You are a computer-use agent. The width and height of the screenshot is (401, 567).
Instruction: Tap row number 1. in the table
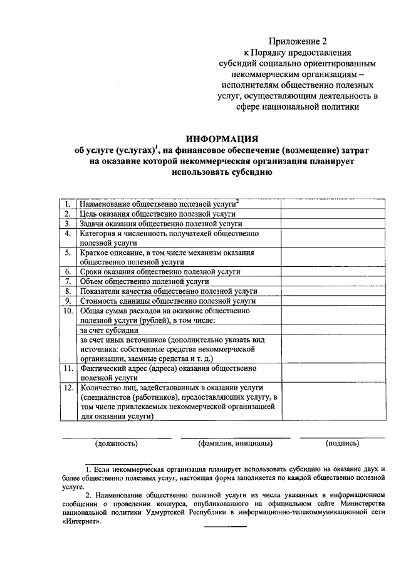coord(66,204)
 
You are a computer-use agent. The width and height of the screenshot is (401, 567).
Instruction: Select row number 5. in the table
coord(66,252)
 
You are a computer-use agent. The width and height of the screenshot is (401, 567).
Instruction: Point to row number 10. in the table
coord(67,311)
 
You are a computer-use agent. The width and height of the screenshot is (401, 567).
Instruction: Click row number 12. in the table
coord(67,388)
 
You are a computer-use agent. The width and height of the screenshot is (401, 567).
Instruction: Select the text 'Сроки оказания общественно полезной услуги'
coord(160,272)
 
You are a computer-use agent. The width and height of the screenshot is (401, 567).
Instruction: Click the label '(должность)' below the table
coord(116,444)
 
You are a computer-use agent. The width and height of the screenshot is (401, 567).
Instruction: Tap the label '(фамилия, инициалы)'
coord(235,444)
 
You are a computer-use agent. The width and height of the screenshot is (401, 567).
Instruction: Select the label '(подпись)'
coord(342,444)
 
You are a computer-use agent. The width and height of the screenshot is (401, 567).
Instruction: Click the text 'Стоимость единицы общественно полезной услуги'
coord(168,301)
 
